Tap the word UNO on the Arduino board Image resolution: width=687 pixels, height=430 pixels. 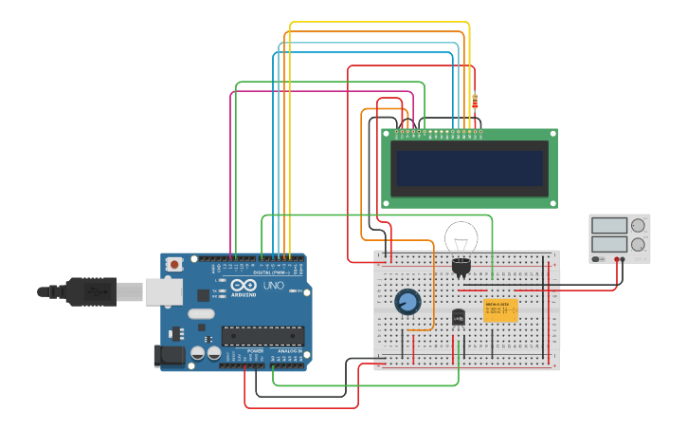[273, 286]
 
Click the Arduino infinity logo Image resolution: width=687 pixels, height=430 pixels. [243, 286]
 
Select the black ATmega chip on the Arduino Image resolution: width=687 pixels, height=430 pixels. [262, 336]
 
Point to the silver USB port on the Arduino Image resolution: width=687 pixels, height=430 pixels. [163, 291]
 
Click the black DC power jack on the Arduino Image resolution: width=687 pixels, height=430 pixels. [169, 355]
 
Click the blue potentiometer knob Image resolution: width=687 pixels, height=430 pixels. [407, 302]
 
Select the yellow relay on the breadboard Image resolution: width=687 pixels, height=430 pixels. [499, 310]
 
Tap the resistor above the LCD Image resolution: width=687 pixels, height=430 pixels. [475, 102]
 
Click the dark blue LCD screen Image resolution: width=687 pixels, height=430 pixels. [469, 168]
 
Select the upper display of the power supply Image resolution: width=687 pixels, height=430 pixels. [609, 226]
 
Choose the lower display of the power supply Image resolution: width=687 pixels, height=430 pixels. [609, 244]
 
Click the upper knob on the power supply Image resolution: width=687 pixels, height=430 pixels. [638, 226]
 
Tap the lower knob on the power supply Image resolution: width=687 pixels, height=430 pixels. [638, 244]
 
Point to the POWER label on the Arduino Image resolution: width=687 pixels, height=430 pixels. [255, 351]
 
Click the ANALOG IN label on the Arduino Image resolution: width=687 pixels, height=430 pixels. [289, 351]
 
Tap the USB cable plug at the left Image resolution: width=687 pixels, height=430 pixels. [90, 291]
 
